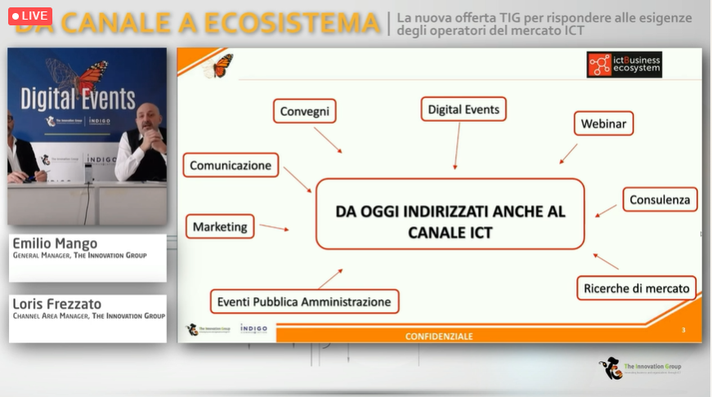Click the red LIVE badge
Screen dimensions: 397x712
(x=30, y=16)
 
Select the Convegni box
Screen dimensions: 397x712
(x=304, y=111)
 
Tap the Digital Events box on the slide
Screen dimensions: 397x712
(x=464, y=109)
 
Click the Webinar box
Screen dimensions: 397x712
(x=603, y=124)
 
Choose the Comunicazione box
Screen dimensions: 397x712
(x=231, y=165)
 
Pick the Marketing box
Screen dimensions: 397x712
(x=220, y=226)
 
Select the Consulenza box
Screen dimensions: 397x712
(x=660, y=199)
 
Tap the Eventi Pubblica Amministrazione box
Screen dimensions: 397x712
(x=304, y=301)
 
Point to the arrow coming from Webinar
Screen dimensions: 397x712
(x=568, y=154)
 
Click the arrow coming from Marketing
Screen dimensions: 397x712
(x=273, y=227)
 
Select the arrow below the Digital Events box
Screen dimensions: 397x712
(x=456, y=145)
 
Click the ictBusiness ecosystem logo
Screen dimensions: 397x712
(x=624, y=65)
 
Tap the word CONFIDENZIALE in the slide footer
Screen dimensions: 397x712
(x=439, y=336)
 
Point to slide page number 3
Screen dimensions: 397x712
(x=683, y=330)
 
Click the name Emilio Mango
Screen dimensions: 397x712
(x=55, y=243)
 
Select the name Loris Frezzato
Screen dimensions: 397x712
(x=56, y=304)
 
